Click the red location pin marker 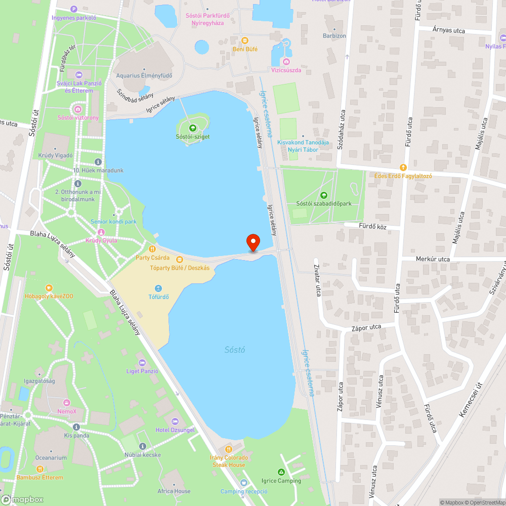pyautogui.click(x=252, y=242)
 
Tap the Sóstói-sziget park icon pyautogui.click(x=192, y=128)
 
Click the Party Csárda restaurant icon pyautogui.click(x=152, y=248)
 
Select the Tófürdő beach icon pyautogui.click(x=158, y=288)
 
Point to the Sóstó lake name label pyautogui.click(x=235, y=350)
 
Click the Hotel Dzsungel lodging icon pyautogui.click(x=175, y=421)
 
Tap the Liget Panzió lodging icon pyautogui.click(x=142, y=362)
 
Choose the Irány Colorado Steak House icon pyautogui.click(x=228, y=449)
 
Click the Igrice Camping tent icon pyautogui.click(x=281, y=472)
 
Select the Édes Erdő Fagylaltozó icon pyautogui.click(x=403, y=167)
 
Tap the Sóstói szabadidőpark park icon pyautogui.click(x=323, y=195)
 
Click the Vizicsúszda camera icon pyautogui.click(x=286, y=61)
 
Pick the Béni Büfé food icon pyautogui.click(x=245, y=40)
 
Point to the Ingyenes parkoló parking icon pyautogui.click(x=74, y=9)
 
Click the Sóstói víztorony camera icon pyautogui.click(x=78, y=109)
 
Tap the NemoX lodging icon pyautogui.click(x=66, y=403)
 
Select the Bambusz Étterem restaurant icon pyautogui.click(x=39, y=469)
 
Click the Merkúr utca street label pyautogui.click(x=433, y=259)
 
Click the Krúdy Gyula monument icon pyautogui.click(x=101, y=232)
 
